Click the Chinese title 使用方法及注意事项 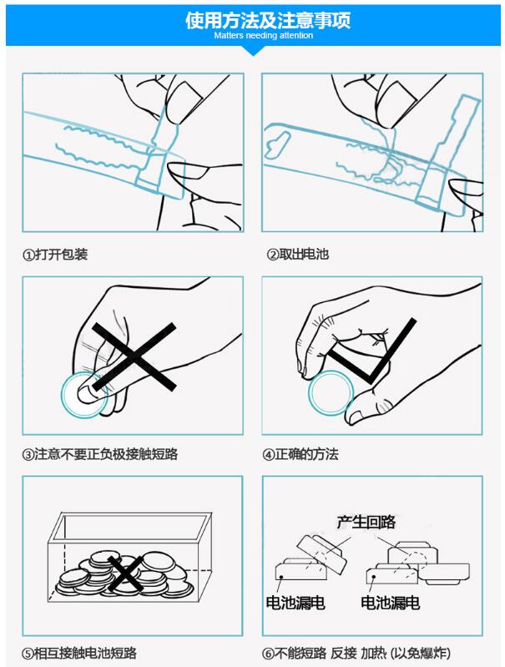(x=268, y=20)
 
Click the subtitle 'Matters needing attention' (x=263, y=35)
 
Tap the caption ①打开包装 (x=55, y=255)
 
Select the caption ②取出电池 (x=298, y=255)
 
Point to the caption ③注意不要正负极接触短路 (x=100, y=454)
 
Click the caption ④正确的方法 (x=300, y=454)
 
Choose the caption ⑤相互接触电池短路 (x=79, y=653)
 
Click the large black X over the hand (x=134, y=356)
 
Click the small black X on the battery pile (x=124, y=574)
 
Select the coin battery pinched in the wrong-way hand (x=85, y=394)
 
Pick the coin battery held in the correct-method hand (x=331, y=392)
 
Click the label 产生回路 (x=366, y=522)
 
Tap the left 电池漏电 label (x=295, y=603)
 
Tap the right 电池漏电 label (x=390, y=603)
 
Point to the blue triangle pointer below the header (x=253, y=51)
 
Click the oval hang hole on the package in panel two (x=275, y=144)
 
